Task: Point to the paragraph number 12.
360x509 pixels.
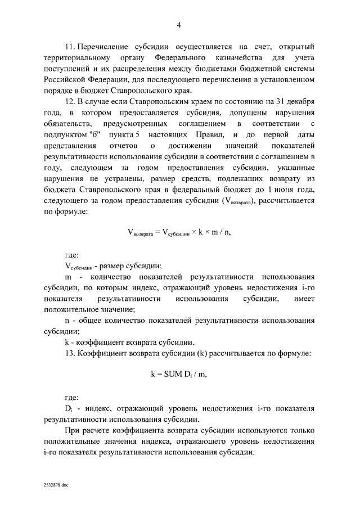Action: coord(69,101)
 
